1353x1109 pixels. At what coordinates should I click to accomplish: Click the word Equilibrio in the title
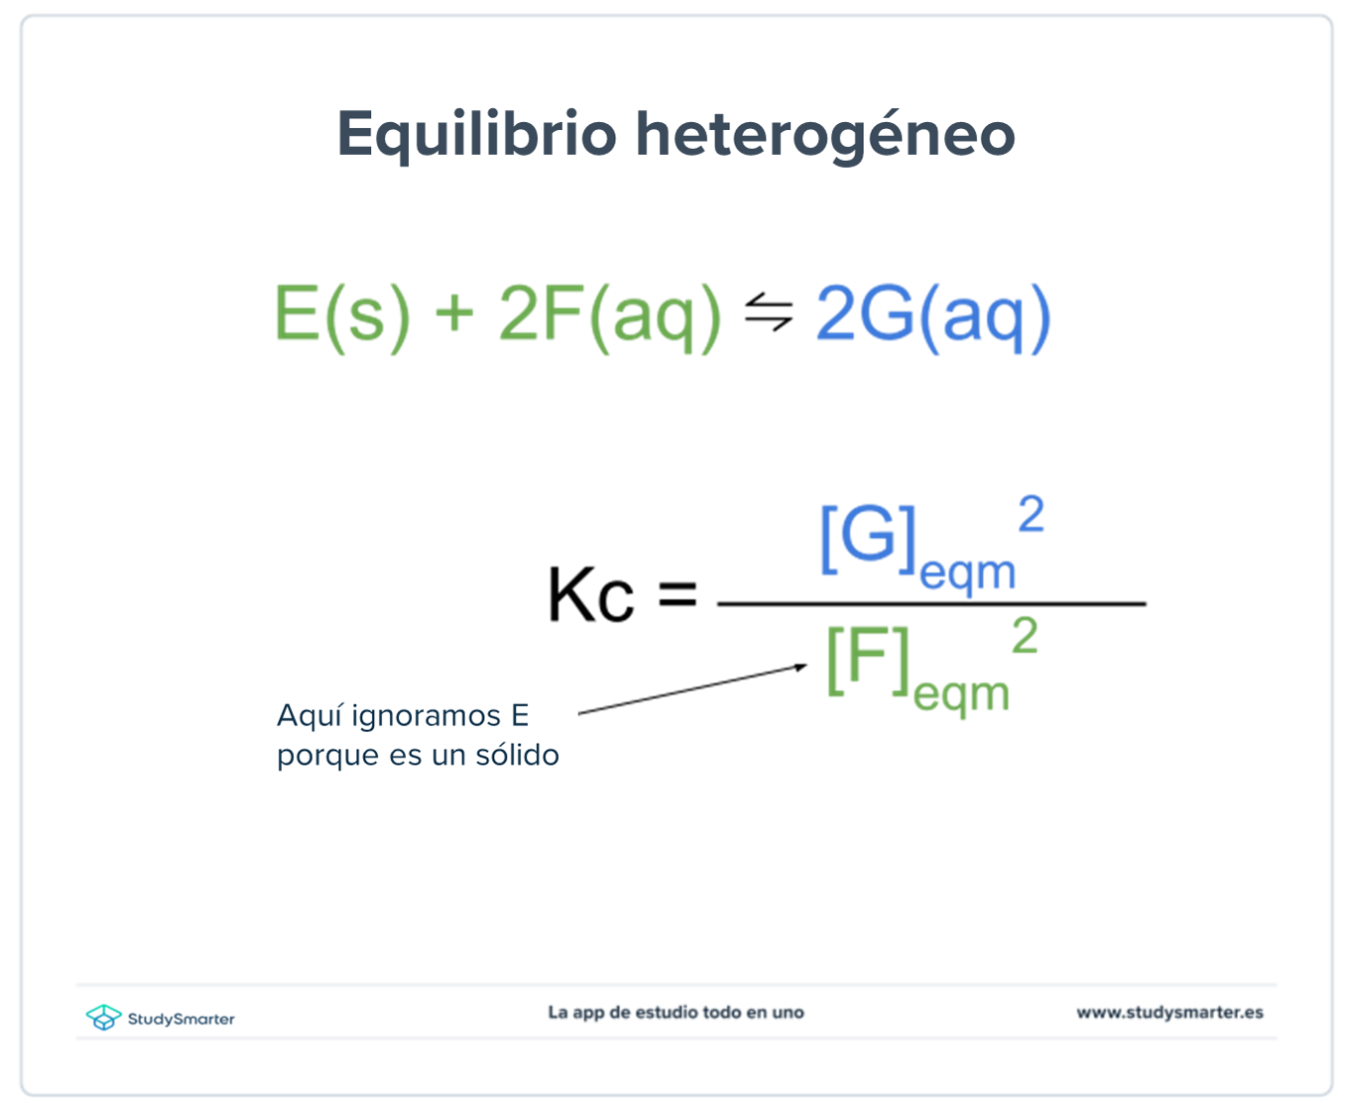[x=477, y=135]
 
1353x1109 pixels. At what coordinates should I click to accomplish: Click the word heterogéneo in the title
[x=825, y=135]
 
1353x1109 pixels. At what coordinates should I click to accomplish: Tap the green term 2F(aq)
[x=609, y=315]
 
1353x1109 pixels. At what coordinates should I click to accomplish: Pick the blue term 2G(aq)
[x=931, y=315]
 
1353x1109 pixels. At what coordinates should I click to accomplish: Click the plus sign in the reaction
[x=454, y=313]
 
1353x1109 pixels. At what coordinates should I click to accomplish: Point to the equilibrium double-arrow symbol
[x=769, y=311]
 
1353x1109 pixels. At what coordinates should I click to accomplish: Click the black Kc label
[x=590, y=595]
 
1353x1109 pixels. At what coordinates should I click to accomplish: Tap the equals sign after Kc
[x=677, y=595]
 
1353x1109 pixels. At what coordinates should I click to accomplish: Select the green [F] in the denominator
[x=868, y=661]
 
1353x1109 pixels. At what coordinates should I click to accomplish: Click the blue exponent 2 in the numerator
[x=1031, y=515]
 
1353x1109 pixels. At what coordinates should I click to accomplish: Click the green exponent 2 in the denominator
[x=1025, y=636]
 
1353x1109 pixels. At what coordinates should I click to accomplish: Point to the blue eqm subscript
[x=967, y=574]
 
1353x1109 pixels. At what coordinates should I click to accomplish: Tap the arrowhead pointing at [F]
[x=801, y=667]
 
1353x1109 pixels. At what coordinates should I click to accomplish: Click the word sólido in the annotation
[x=517, y=756]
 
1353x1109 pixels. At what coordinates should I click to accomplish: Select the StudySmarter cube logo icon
[x=102, y=1018]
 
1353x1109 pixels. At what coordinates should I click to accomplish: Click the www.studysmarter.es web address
[x=1169, y=1013]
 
